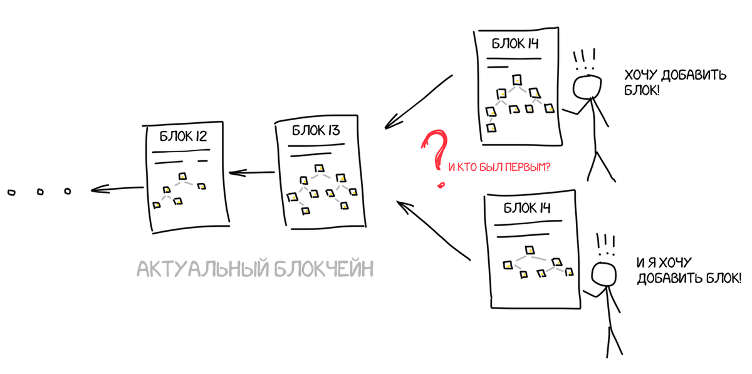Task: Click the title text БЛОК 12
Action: [x=183, y=136]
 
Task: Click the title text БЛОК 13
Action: [x=316, y=132]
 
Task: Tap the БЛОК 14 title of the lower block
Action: [x=527, y=209]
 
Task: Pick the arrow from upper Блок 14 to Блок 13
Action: [x=419, y=101]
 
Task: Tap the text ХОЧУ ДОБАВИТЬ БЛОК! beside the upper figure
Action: [x=674, y=83]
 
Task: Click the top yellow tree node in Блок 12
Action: [x=183, y=176]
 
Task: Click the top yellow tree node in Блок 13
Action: [x=319, y=167]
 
